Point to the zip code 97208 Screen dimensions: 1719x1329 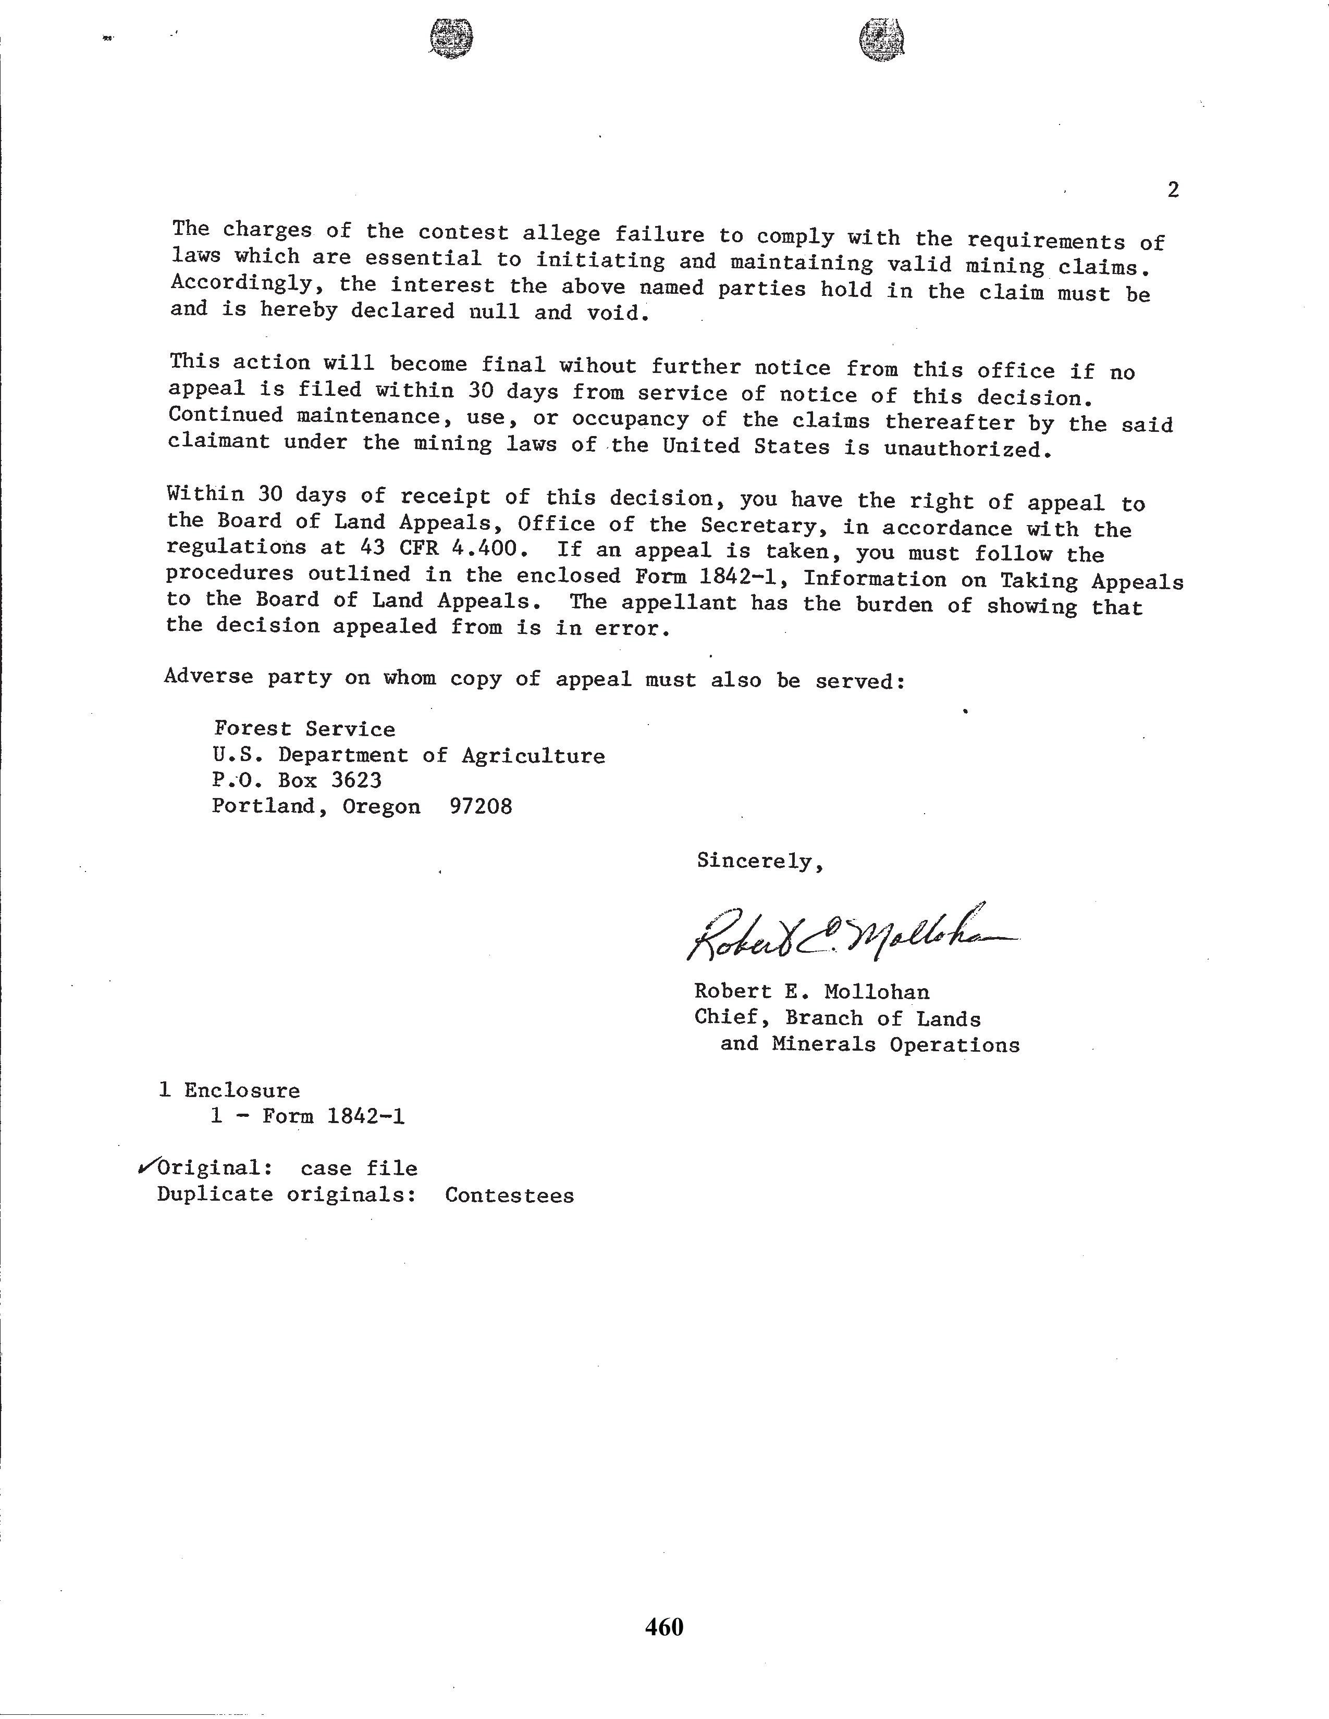tap(481, 807)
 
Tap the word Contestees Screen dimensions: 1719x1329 tap(509, 1195)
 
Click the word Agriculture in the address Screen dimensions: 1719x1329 tap(533, 756)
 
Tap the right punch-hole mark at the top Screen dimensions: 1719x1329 tap(881, 40)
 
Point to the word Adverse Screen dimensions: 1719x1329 tap(208, 676)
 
